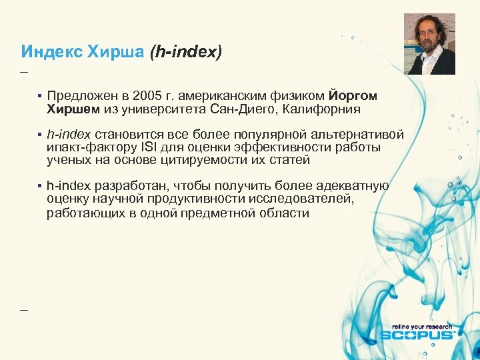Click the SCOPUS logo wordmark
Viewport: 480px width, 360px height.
[x=417, y=335]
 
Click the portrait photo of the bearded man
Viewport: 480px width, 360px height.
[x=429, y=44]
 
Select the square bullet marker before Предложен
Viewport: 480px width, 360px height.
[x=40, y=97]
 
